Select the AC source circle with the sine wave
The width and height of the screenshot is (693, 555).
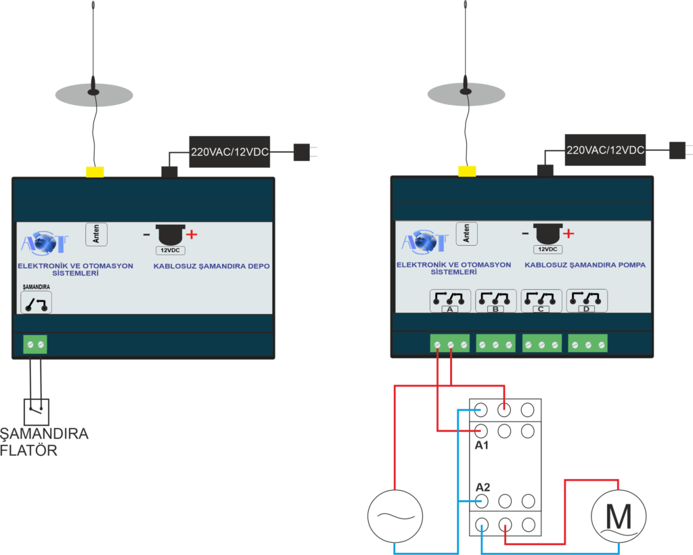[395, 517]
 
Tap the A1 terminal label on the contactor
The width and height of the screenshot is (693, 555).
[482, 446]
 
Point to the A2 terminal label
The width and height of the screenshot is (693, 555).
[483, 487]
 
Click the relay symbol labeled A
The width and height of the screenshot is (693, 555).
[450, 300]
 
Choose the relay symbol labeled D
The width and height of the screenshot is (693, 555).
[586, 300]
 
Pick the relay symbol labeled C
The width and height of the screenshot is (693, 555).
[541, 300]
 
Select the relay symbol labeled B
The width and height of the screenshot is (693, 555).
[496, 300]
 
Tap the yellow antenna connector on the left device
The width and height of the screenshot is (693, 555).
[95, 171]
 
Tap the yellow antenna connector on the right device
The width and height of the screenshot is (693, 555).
[467, 171]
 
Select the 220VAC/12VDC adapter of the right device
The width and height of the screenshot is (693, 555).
[605, 150]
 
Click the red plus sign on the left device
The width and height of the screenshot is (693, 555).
[192, 235]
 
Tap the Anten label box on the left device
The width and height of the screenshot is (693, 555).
[96, 234]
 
